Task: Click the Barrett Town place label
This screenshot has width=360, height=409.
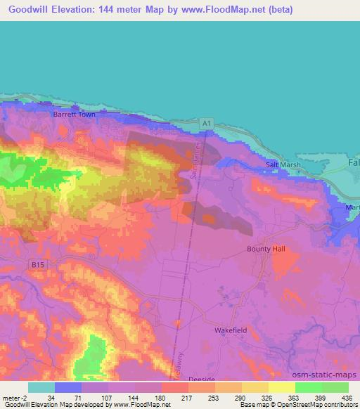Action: tap(74, 112)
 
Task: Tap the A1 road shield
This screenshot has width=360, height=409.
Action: tap(206, 123)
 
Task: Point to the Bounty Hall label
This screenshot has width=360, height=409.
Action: tap(266, 249)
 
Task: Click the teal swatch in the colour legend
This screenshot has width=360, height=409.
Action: tap(41, 387)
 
